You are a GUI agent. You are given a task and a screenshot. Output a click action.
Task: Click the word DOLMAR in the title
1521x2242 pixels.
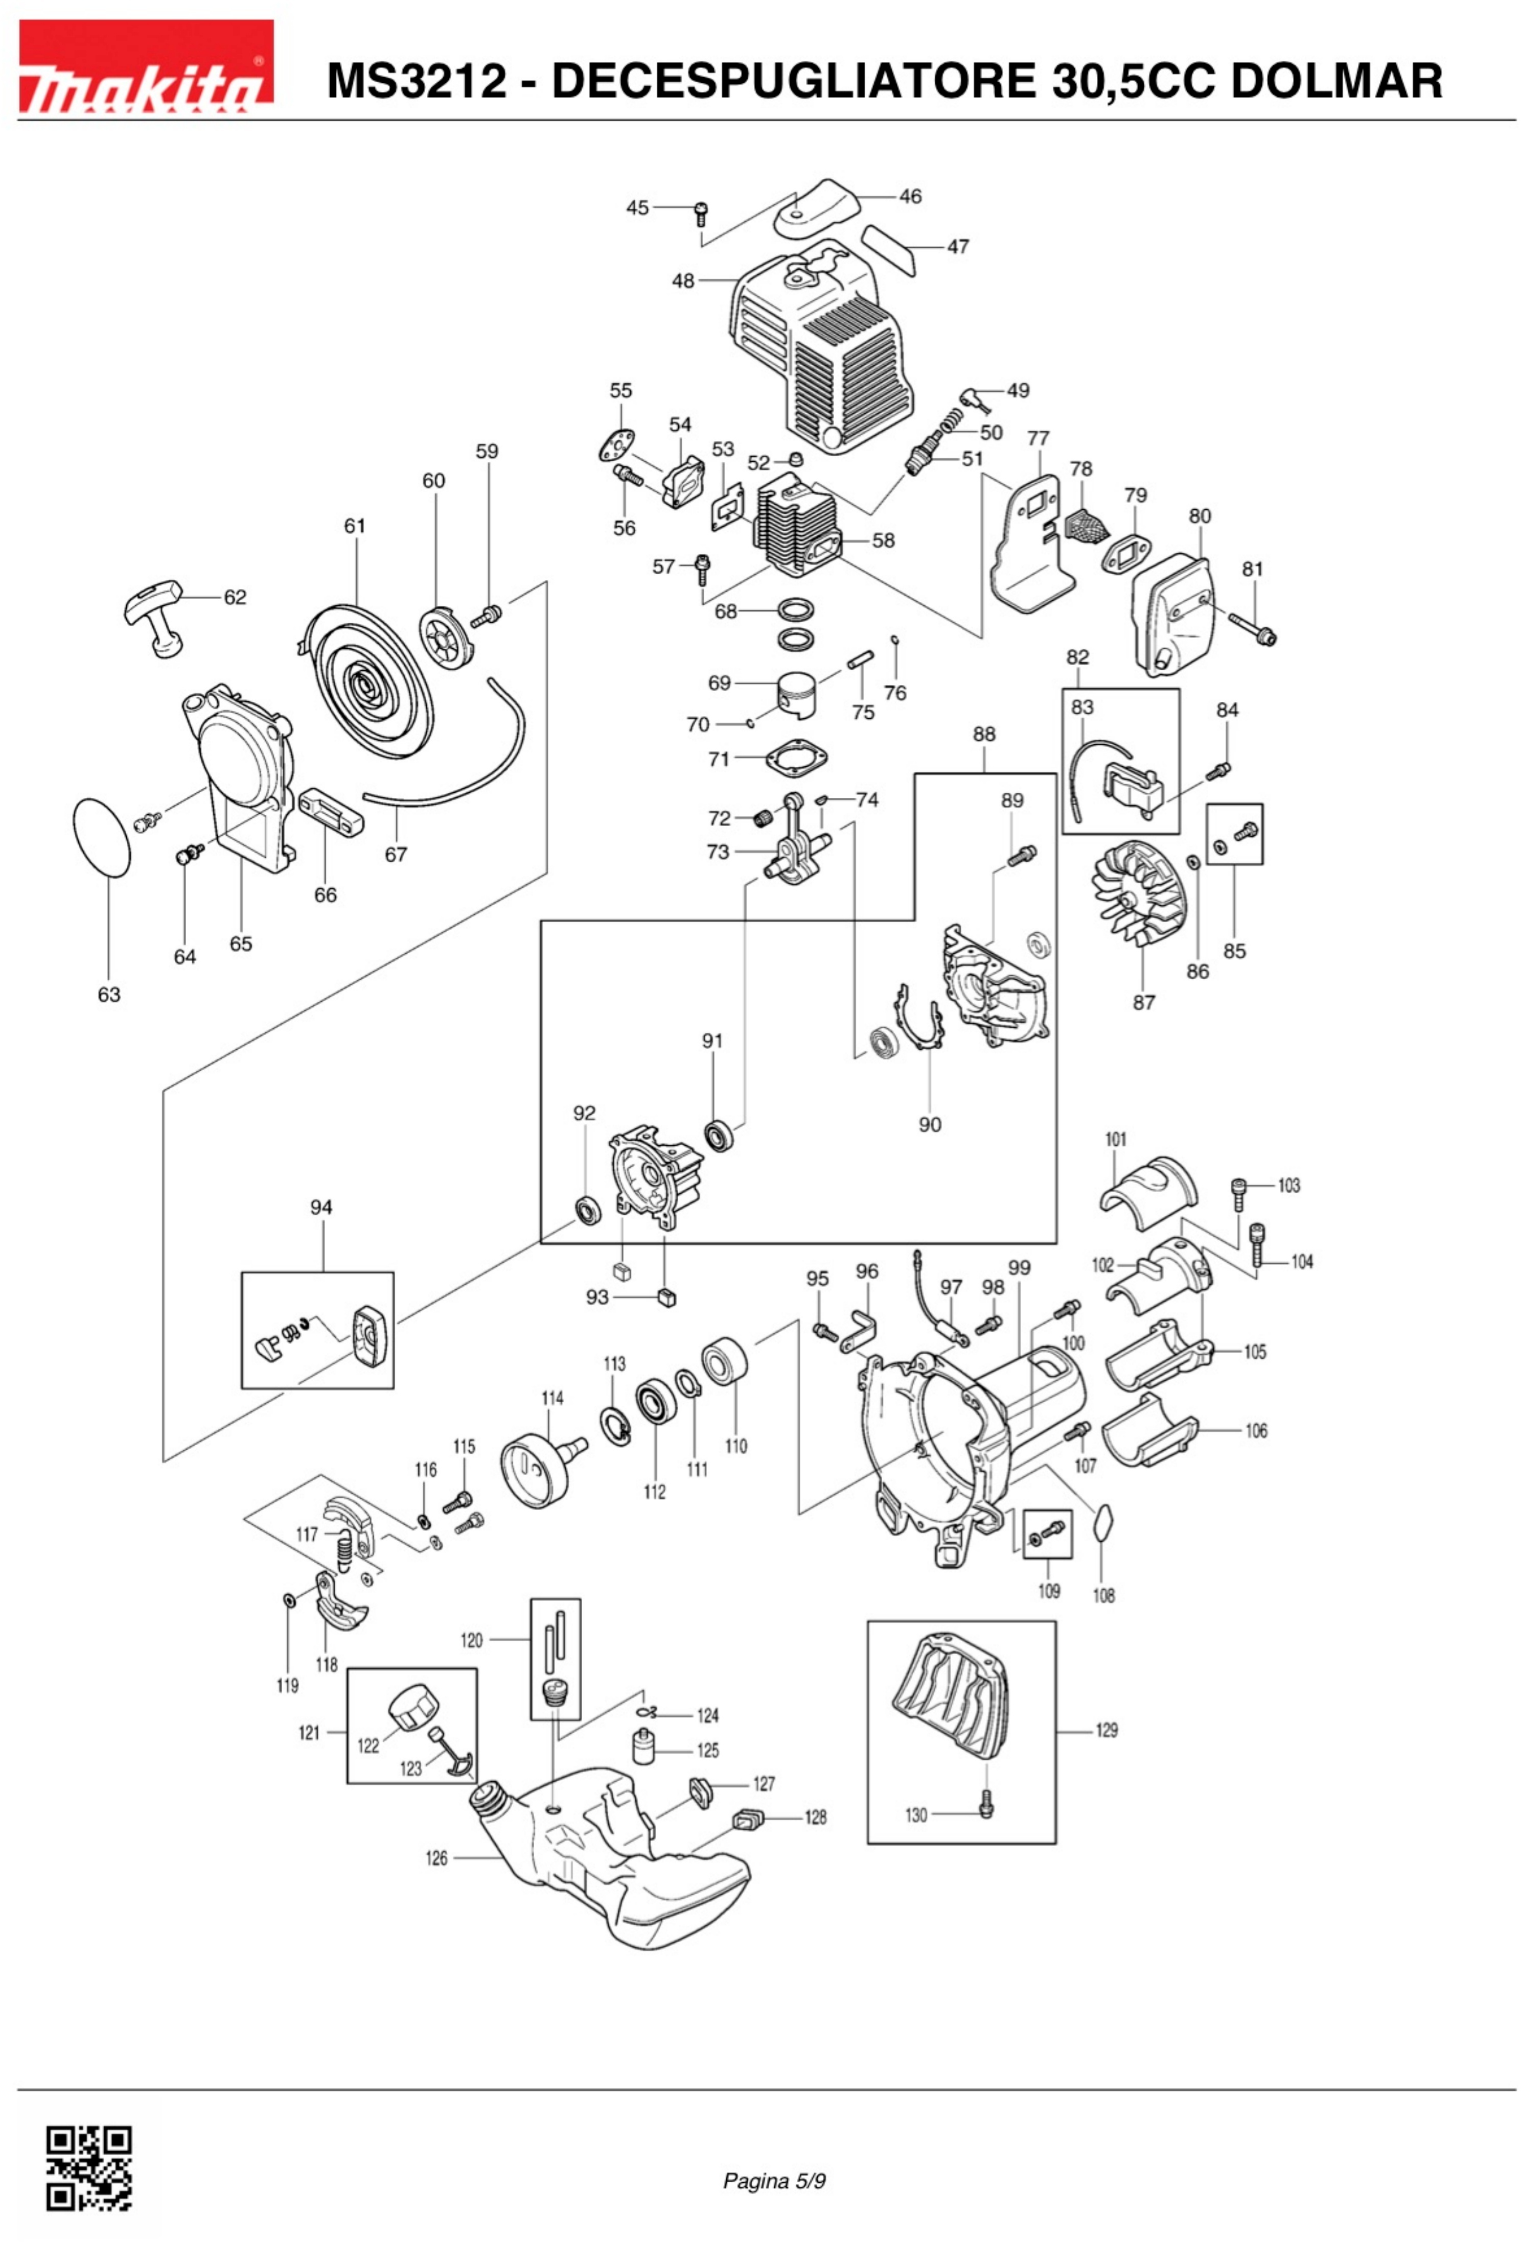1335,81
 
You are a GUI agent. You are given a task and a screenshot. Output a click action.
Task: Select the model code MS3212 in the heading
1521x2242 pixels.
416,81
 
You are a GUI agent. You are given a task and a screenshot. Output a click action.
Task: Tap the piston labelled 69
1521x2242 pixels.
797,694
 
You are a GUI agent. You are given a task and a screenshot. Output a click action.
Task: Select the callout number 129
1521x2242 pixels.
1106,1730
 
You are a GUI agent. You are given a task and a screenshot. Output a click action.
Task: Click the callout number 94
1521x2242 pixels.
321,1207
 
